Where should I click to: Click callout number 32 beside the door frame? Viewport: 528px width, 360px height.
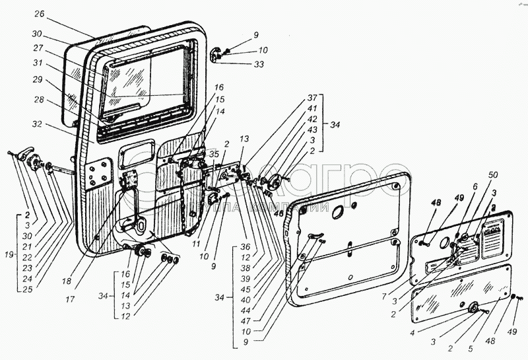pos(37,124)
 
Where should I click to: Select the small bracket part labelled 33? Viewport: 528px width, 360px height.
pos(216,55)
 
